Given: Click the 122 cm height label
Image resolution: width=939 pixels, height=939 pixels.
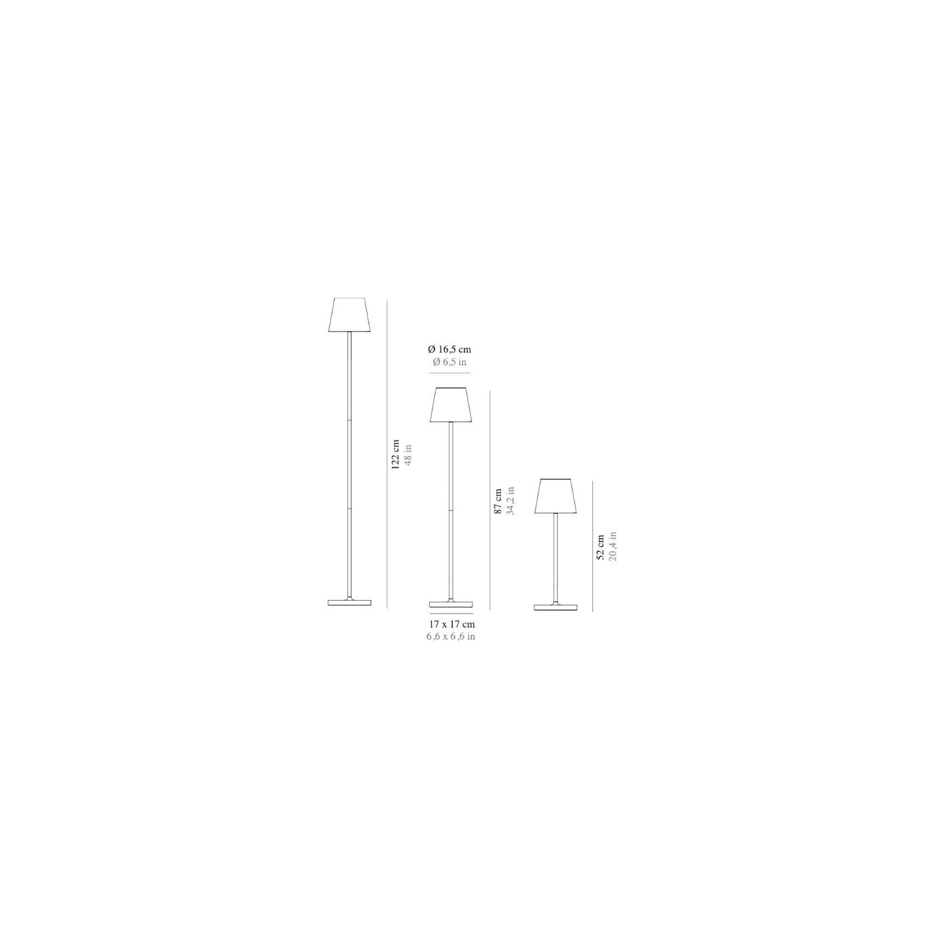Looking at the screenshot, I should click(x=396, y=454).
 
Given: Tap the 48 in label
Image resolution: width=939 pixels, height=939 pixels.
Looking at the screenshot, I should click(x=408, y=454).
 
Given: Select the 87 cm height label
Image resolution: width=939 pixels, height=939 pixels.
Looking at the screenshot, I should click(x=498, y=502).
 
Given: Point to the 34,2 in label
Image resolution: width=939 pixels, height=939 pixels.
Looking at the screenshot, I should click(x=510, y=501).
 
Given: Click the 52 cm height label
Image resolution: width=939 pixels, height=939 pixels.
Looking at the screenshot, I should click(x=601, y=547).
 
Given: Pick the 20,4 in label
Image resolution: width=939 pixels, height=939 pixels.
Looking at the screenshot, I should click(x=613, y=547).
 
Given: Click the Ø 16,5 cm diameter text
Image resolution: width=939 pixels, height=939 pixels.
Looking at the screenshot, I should click(x=449, y=350).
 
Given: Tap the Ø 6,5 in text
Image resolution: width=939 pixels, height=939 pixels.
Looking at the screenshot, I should click(x=449, y=362).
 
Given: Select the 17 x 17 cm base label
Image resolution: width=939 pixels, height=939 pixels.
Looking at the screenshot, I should click(x=452, y=624).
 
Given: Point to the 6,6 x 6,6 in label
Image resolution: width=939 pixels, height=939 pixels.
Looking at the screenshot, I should click(x=451, y=636).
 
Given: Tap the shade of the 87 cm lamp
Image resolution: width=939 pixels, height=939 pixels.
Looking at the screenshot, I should click(x=450, y=405).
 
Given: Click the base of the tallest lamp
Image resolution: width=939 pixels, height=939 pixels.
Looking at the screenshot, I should click(x=350, y=602).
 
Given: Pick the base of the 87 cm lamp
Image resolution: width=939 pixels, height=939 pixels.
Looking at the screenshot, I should click(x=450, y=605).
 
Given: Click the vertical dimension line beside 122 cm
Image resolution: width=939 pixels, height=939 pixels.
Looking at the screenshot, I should click(x=387, y=454).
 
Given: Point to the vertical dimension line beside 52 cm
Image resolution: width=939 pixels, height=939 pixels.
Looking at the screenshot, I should click(x=592, y=546).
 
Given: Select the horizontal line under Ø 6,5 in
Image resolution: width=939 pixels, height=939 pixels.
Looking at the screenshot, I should click(x=449, y=373).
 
